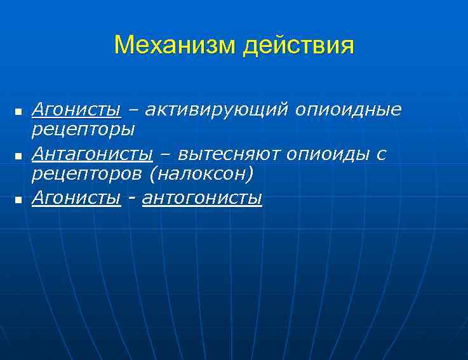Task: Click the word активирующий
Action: tap(217, 110)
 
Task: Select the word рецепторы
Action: tap(83, 130)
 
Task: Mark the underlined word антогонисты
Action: tap(202, 198)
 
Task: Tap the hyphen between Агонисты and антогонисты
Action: tap(131, 199)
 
